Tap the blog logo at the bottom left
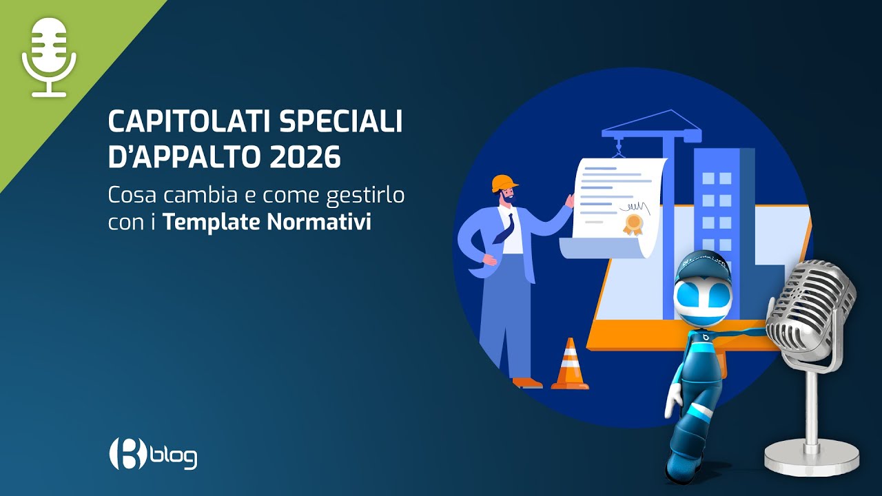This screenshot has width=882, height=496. tap(153, 454)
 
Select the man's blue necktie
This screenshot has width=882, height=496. tap(505, 227)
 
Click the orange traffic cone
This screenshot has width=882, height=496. tap(570, 365)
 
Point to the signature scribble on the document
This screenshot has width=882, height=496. tap(634, 206)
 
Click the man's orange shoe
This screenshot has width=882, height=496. tap(526, 382)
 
